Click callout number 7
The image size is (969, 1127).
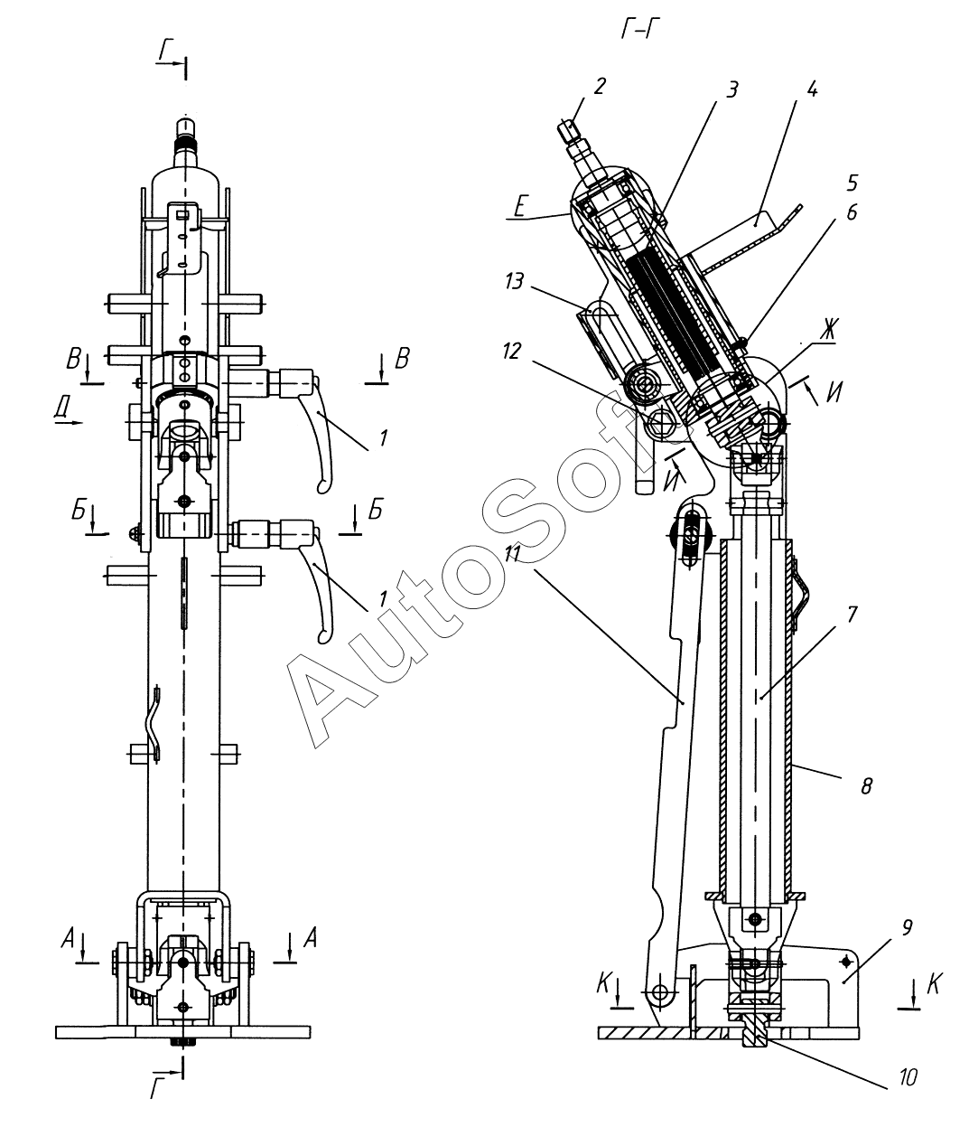[x=853, y=614]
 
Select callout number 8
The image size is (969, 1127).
[x=866, y=784]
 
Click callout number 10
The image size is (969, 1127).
[x=908, y=1076]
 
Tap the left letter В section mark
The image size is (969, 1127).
[x=74, y=362]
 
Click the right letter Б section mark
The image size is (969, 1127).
[x=375, y=512]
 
